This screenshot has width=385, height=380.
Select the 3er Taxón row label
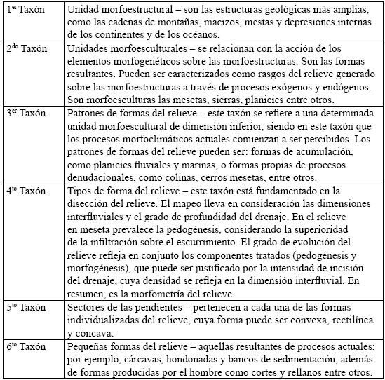[x=27, y=113]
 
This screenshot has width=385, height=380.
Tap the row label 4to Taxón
[x=27, y=191]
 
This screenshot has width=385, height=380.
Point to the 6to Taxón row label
[x=27, y=348]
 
